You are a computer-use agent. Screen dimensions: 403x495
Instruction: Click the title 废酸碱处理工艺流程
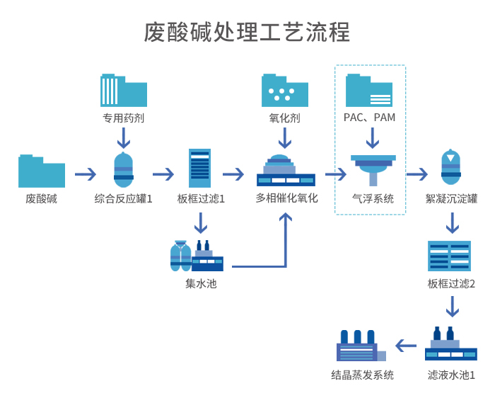[247, 33]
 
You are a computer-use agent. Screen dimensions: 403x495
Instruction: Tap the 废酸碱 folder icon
[42, 171]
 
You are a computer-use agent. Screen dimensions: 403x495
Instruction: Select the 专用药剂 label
[124, 118]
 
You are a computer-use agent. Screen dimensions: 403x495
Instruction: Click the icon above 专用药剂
[124, 90]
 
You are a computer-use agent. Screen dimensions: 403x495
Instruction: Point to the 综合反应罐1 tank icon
[124, 170]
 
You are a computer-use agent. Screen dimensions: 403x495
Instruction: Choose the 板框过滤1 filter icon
[200, 169]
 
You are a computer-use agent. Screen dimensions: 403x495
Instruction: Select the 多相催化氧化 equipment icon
[286, 171]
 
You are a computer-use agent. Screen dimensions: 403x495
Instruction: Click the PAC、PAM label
[369, 118]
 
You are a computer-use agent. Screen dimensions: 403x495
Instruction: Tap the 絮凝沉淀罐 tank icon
[451, 169]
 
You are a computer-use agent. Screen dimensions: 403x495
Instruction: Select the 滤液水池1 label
[451, 375]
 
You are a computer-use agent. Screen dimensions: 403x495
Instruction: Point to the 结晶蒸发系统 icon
[361, 346]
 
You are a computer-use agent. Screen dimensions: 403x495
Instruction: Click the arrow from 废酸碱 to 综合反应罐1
[85, 174]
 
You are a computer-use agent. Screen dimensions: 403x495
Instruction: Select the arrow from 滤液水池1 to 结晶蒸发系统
[406, 346]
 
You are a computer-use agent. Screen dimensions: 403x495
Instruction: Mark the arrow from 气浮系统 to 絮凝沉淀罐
[417, 174]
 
